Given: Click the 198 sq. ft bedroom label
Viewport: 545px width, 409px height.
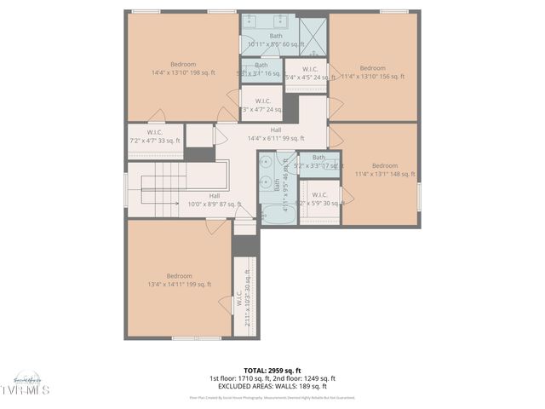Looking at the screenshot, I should [183, 69].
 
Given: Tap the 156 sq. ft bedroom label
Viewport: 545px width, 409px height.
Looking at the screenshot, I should [372, 72].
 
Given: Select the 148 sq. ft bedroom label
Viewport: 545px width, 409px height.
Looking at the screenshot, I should [383, 170].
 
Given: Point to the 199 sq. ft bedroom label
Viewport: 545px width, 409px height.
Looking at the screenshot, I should [179, 280].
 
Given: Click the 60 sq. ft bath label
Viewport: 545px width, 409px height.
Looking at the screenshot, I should [276, 40].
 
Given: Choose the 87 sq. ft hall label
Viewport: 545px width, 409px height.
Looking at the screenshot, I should [214, 200].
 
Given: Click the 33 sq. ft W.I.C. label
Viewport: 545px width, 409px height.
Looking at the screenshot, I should [155, 136].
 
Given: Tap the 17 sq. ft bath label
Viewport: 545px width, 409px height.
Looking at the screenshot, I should [319, 161].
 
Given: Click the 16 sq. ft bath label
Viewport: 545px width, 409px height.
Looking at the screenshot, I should [261, 70].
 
